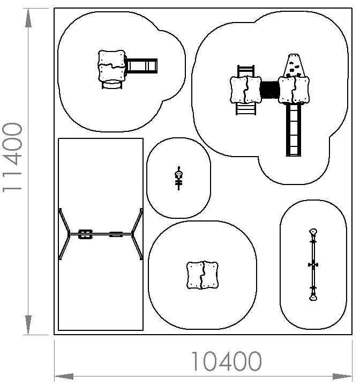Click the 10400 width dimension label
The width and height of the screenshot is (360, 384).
pos(226,361)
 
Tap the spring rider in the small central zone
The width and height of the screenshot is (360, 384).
pos(179,178)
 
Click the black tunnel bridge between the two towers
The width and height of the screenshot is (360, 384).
pos(269,90)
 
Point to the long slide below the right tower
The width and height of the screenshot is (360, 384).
pos(294,130)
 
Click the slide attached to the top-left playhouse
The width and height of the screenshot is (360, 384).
pos(141,65)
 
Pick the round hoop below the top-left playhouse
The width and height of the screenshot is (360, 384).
pos(112,84)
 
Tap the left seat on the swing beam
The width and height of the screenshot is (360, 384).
pos(85,234)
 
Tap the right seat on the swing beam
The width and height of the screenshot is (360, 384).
pos(116,234)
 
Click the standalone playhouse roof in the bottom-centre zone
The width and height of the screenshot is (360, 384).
pos(202,275)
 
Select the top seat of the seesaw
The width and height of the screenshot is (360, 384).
pos(313,232)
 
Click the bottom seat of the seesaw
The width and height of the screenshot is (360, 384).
pos(313,298)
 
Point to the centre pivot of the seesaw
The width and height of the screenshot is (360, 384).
pos(313,265)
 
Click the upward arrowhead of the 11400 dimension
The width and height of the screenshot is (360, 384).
pos(28,18)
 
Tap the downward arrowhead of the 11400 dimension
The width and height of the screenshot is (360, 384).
pos(28,324)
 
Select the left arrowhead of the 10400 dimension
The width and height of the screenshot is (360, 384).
pos(64,376)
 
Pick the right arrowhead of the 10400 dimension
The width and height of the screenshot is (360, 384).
pos(342,376)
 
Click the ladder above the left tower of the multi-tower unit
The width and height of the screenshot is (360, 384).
pos(246,71)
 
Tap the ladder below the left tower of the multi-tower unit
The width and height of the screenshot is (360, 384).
pos(246,109)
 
